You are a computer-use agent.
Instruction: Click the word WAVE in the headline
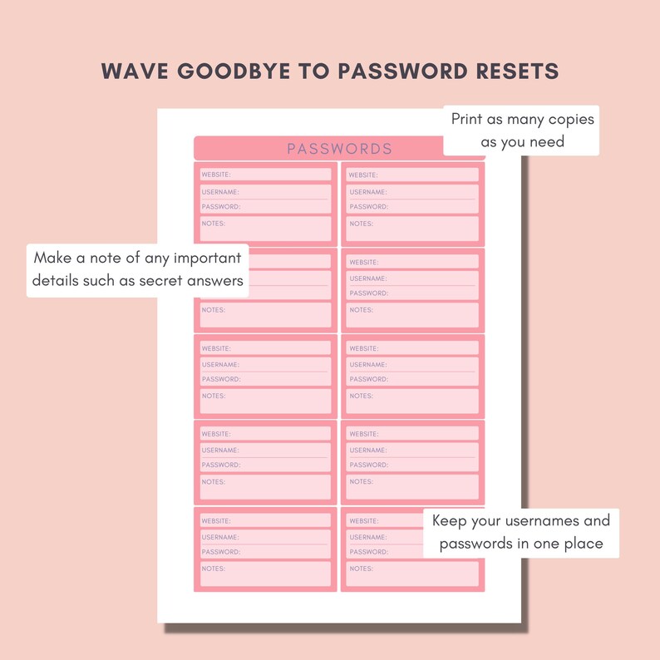[x=129, y=71]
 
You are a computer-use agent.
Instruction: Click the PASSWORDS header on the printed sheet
[x=339, y=149]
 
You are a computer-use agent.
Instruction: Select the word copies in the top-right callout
[x=569, y=119]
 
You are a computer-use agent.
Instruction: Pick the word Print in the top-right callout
[x=467, y=119]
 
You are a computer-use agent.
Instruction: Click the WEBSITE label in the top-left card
[x=216, y=175]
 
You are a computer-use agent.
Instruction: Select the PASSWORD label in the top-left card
[x=220, y=206]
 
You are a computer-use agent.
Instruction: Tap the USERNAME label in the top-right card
[x=368, y=192]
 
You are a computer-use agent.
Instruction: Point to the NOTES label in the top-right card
[x=361, y=224]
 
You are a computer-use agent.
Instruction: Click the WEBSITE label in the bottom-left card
[x=216, y=520]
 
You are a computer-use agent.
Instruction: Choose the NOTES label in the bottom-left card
[x=214, y=569]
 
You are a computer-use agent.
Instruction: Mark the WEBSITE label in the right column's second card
[x=364, y=262]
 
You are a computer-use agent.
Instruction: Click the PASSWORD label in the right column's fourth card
[x=368, y=465]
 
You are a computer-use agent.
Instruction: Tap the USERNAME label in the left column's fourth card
[x=220, y=451]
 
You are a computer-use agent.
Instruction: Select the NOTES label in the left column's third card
[x=214, y=396]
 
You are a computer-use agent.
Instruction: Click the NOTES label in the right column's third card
[x=361, y=396]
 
